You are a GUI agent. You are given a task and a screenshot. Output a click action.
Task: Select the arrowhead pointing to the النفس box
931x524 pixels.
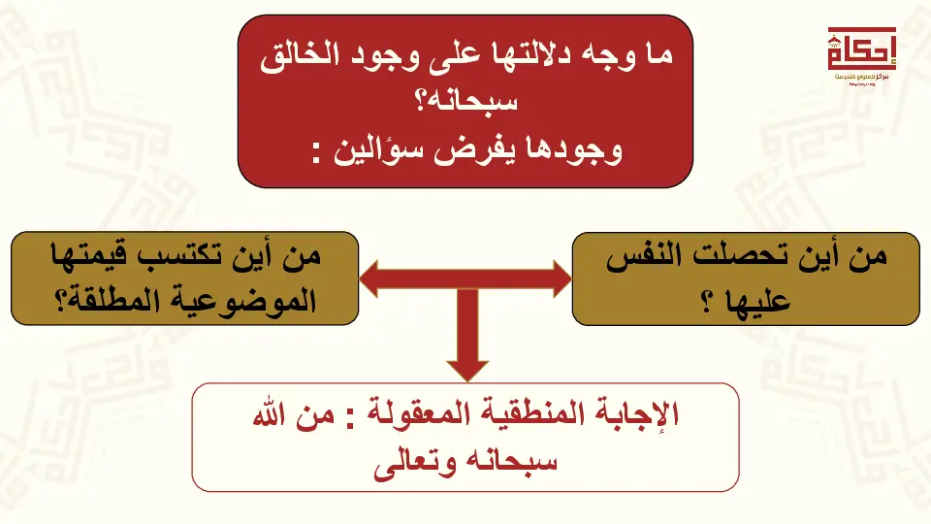click(562, 278)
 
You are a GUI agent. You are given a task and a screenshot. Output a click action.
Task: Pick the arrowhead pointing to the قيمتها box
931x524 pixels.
click(369, 278)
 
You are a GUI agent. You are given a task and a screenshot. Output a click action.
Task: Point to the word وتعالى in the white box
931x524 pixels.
click(415, 462)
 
